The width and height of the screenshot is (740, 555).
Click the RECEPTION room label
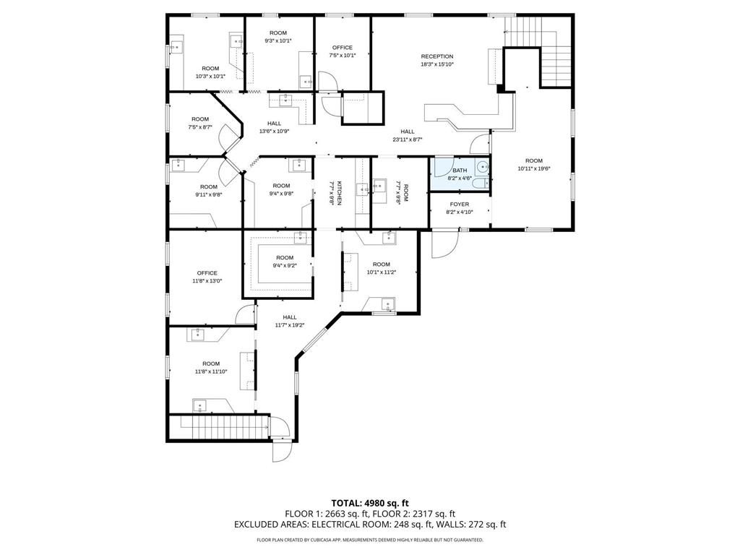click(x=437, y=56)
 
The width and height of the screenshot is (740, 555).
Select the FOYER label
click(x=460, y=205)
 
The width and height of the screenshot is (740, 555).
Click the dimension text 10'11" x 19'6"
click(x=533, y=168)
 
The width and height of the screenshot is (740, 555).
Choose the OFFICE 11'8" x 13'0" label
click(x=207, y=273)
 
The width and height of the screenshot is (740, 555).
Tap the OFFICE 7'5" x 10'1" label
click(x=343, y=48)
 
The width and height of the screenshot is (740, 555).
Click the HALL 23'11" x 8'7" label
click(x=408, y=132)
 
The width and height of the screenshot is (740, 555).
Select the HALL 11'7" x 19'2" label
click(x=290, y=317)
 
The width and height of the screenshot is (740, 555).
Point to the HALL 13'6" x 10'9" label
click(x=274, y=124)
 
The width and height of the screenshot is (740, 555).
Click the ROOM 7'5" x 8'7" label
click(x=200, y=119)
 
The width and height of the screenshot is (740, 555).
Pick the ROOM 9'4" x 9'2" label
click(x=285, y=258)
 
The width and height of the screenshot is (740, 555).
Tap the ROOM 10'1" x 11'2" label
click(x=382, y=264)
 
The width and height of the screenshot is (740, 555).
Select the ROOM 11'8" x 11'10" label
click(x=211, y=363)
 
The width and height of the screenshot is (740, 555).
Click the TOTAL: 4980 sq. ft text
click(x=369, y=502)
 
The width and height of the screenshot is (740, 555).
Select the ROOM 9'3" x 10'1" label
click(x=278, y=33)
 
